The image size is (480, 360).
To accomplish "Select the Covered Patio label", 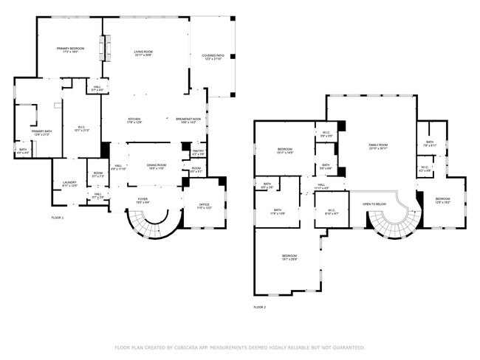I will (x=218, y=57).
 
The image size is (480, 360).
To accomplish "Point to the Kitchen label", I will (x=134, y=120).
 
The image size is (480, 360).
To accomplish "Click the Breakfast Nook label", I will (x=188, y=120).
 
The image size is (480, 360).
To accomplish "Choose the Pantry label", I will (x=198, y=152).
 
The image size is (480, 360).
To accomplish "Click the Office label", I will (x=203, y=207).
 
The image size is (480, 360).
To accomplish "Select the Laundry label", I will (x=69, y=184).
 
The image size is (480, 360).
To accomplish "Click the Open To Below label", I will (x=374, y=204).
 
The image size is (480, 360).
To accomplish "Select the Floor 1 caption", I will (x=58, y=218).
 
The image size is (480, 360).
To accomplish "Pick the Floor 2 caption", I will (x=259, y=306).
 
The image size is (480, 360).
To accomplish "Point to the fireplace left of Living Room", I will (x=105, y=49).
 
